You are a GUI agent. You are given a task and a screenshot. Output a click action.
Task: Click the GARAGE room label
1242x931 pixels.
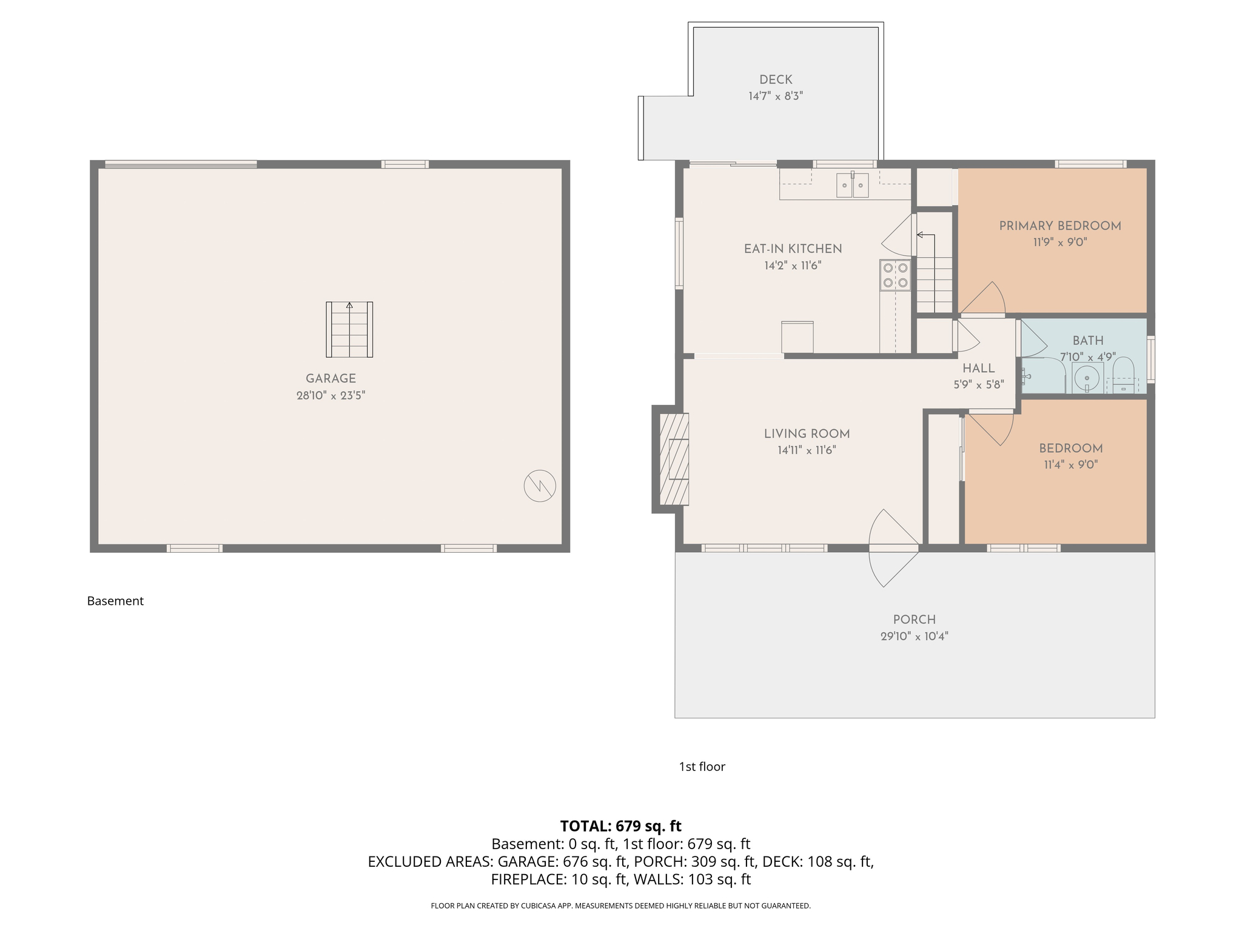point(331,379)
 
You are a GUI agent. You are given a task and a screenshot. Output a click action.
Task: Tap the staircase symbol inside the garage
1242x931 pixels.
point(349,330)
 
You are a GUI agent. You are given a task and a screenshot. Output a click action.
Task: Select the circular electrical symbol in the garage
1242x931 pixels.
point(540,486)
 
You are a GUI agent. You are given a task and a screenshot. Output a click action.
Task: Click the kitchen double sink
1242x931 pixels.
point(852,185)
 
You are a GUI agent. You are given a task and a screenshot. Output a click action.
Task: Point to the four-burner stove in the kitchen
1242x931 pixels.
point(895,275)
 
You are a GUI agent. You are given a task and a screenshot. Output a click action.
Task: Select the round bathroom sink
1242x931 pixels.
point(1087,379)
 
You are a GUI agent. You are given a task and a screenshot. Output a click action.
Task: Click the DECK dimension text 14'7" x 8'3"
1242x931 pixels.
point(776,96)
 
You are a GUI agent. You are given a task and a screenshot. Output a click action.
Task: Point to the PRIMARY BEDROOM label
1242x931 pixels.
point(1060,226)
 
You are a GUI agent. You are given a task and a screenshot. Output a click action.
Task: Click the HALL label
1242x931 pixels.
point(978,369)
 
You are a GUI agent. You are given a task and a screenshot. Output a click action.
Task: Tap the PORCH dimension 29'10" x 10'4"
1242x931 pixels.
point(914,636)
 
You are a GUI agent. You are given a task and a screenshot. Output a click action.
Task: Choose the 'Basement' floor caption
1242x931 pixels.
point(115,601)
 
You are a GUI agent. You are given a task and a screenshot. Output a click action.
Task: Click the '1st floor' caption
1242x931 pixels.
point(702,767)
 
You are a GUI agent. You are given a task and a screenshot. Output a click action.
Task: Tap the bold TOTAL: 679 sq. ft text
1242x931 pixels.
point(620,826)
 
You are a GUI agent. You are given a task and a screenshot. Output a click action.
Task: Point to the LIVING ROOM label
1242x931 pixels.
point(807,434)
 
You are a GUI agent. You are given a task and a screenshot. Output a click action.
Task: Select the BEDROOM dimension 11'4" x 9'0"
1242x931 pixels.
point(1070,465)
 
